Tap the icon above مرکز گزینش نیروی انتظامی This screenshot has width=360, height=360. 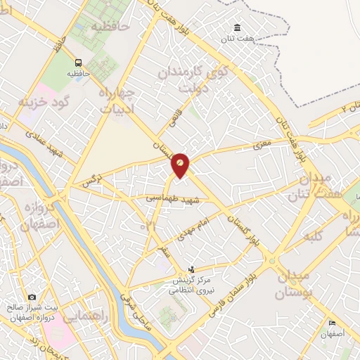[192, 269]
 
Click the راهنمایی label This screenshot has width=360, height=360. [84, 317]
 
